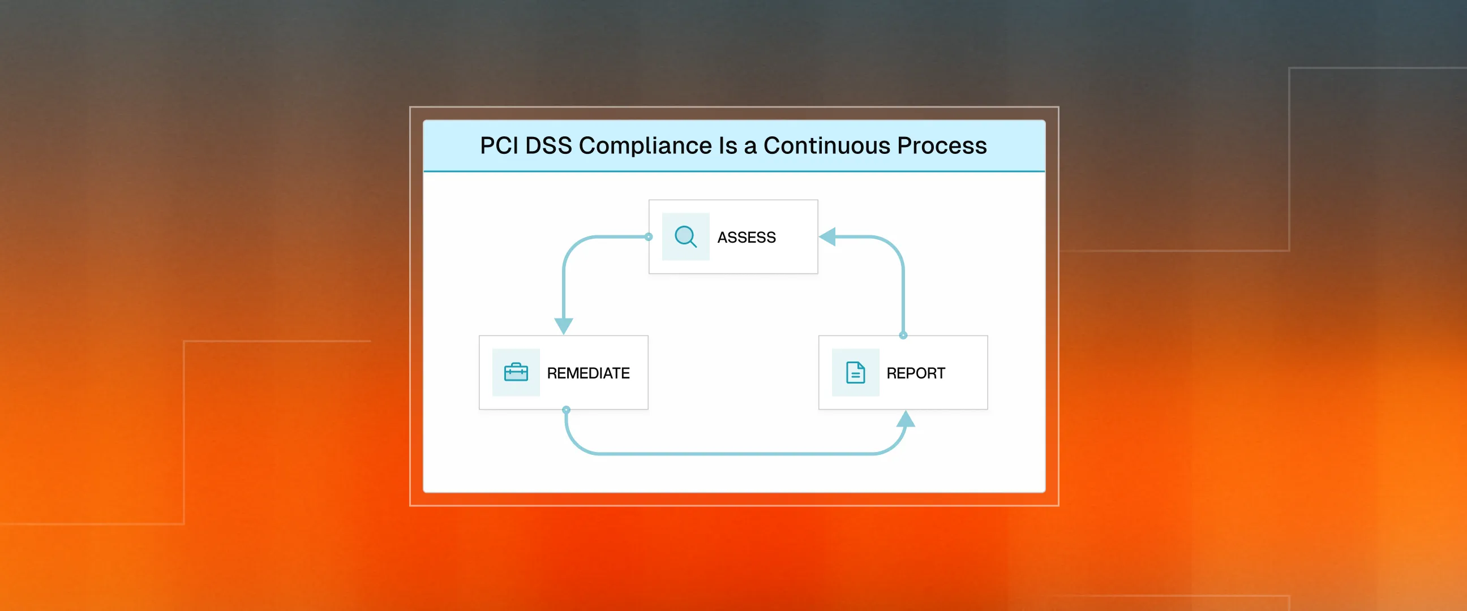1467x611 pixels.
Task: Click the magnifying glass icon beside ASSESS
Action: pyautogui.click(x=685, y=236)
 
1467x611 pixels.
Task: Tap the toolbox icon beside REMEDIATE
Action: pyautogui.click(x=516, y=372)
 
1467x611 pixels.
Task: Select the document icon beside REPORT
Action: pyautogui.click(x=855, y=372)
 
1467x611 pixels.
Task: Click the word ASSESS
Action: pyautogui.click(x=746, y=238)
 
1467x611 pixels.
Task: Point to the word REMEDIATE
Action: pyautogui.click(x=588, y=373)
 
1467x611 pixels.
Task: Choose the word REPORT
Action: pyautogui.click(x=916, y=373)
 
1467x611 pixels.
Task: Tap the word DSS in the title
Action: pyautogui.click(x=548, y=146)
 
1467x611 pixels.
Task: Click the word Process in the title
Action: pyautogui.click(x=942, y=146)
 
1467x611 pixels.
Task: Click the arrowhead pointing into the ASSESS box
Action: pyautogui.click(x=827, y=236)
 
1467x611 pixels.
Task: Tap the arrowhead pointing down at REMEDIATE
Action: pyautogui.click(x=563, y=326)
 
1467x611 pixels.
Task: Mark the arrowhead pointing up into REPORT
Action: pyautogui.click(x=906, y=420)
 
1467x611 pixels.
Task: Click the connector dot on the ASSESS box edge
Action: pyautogui.click(x=649, y=236)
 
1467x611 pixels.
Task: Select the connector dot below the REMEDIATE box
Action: pyautogui.click(x=566, y=410)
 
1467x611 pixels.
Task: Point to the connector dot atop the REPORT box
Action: pyautogui.click(x=903, y=335)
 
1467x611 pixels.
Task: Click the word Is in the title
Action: pyautogui.click(x=728, y=146)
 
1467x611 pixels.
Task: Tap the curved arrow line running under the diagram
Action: pyautogui.click(x=735, y=454)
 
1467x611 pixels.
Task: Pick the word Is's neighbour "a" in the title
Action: pyautogui.click(x=750, y=147)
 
